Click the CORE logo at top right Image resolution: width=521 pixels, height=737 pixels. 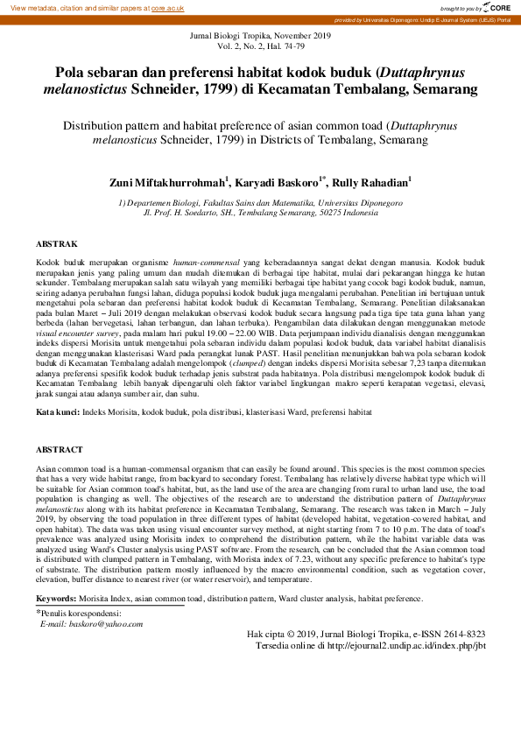(x=496, y=7)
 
